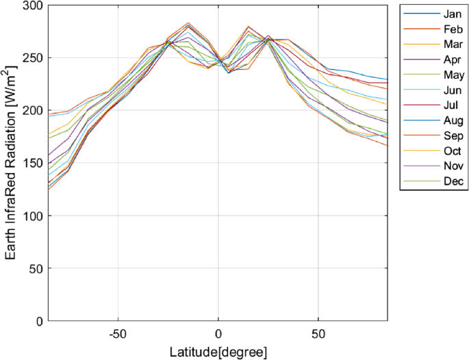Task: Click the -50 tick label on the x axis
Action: (117, 333)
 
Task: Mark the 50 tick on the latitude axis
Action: (318, 333)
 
